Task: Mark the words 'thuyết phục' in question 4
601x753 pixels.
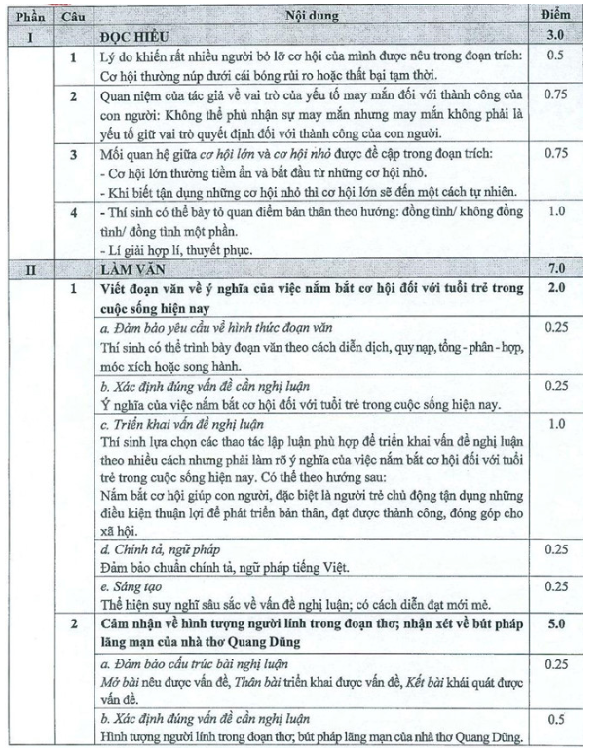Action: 208,249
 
